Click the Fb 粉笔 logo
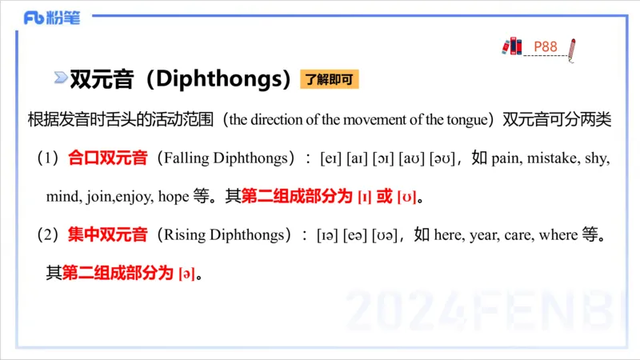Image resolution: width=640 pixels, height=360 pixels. (x=52, y=18)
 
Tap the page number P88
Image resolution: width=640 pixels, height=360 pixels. (x=546, y=46)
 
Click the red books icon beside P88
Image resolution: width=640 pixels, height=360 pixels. (x=512, y=46)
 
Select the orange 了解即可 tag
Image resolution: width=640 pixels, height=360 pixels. (x=329, y=79)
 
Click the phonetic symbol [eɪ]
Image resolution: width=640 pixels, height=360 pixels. (x=331, y=158)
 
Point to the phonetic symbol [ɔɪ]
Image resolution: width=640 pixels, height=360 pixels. (x=385, y=158)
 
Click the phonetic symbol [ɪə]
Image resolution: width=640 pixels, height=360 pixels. (x=327, y=235)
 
